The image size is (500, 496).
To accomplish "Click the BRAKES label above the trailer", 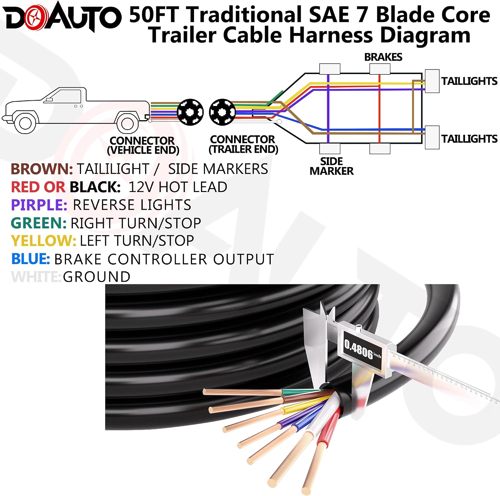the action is (383, 57).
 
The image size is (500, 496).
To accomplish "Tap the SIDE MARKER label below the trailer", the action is (331, 166).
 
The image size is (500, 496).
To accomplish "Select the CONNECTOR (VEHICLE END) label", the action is (143, 145).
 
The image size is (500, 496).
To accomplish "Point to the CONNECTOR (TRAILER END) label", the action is (243, 144).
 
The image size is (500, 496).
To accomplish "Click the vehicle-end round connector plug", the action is (190, 112).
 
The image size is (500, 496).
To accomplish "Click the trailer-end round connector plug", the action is (222, 112).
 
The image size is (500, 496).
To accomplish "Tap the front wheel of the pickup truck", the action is (25, 123).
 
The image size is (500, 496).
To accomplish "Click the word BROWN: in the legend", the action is (42, 169).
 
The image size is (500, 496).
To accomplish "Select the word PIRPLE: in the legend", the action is (39, 205).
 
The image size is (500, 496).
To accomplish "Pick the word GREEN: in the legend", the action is (39, 223).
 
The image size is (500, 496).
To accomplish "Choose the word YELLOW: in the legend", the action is (44, 241).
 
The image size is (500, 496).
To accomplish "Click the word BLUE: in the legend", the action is (31, 259).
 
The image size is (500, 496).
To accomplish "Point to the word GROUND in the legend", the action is (97, 277).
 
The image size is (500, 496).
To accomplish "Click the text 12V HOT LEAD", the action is (178, 187).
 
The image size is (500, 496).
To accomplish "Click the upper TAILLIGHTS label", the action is (469, 81).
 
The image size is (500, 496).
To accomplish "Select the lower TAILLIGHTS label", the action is (469, 138).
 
